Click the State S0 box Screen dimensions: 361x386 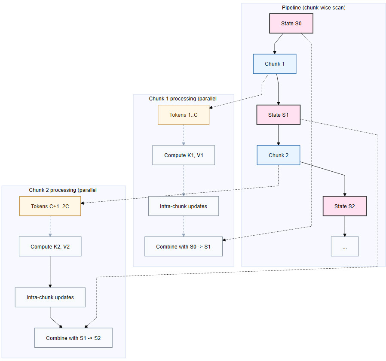pos(291,24)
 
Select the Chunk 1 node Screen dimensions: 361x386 pos(274,64)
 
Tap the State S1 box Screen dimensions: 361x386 pos(278,115)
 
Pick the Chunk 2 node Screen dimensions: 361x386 pos(278,155)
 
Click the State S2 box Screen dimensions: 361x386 pos(345,206)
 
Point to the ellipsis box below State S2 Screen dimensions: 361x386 pos(345,246)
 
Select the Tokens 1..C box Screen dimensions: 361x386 pos(184,115)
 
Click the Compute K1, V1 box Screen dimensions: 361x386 pos(184,155)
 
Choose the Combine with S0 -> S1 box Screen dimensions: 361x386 pos(184,246)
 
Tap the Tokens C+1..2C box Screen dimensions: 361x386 pos(50,206)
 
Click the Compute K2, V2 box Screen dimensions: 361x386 pos(50,247)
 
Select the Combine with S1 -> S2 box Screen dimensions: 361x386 pos(74,338)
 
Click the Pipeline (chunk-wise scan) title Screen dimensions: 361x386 pos(313,8)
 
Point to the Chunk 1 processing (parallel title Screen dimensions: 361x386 pos(183,99)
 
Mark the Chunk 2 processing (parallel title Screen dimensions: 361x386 pos(63,190)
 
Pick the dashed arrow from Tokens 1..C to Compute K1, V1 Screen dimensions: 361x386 pos(184,135)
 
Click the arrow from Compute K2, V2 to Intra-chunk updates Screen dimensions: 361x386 pos(50,272)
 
